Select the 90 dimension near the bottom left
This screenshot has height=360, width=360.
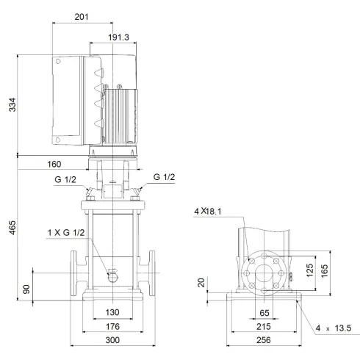[28, 289]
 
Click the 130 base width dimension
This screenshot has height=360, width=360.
[112, 312]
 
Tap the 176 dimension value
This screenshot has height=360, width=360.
[112, 327]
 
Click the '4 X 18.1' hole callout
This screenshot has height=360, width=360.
[208, 213]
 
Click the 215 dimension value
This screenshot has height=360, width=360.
[264, 327]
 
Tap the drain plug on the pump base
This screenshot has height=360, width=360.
[112, 277]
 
